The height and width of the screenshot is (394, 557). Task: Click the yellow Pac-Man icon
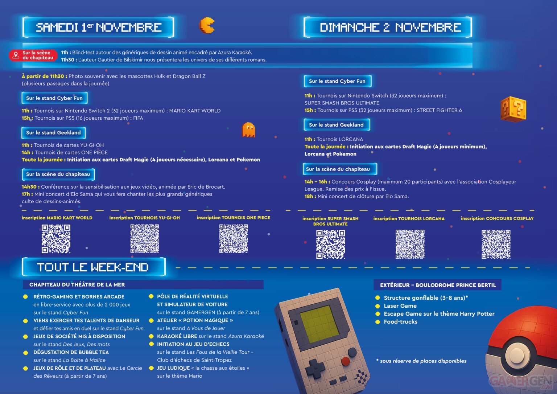(206, 25)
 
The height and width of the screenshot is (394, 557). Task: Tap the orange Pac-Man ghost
(248, 130)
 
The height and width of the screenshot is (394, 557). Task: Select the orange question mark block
(513, 109)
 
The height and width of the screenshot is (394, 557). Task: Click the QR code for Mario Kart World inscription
(56, 239)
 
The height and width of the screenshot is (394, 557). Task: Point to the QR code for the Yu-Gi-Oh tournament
(144, 238)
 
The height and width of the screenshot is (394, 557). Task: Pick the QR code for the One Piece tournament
(234, 238)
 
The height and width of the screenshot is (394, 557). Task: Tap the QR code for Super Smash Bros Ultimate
(330, 245)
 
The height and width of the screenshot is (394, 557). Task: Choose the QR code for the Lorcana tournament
(410, 244)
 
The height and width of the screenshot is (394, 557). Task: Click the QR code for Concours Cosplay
(496, 244)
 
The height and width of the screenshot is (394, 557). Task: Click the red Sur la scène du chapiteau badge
(33, 55)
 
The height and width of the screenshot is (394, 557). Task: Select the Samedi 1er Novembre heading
(98, 27)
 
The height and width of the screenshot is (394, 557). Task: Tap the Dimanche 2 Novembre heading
(388, 27)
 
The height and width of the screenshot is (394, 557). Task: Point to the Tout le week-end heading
(94, 267)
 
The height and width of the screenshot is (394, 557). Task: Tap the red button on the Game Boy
(345, 361)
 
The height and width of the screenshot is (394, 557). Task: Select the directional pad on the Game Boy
(315, 369)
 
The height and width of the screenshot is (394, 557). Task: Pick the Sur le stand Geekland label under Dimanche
(337, 125)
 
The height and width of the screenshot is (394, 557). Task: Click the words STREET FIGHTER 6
(439, 110)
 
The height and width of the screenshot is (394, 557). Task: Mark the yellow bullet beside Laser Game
(377, 306)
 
